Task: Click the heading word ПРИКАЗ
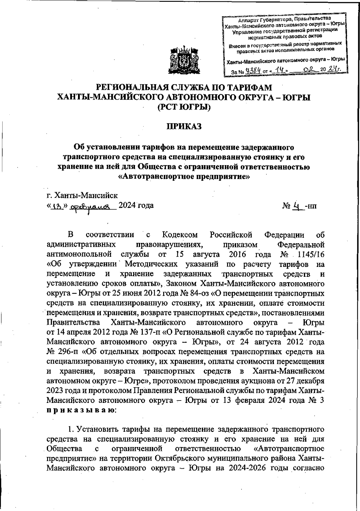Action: (184, 127)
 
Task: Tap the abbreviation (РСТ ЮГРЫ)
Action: (184, 107)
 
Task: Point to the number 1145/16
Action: (310, 255)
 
